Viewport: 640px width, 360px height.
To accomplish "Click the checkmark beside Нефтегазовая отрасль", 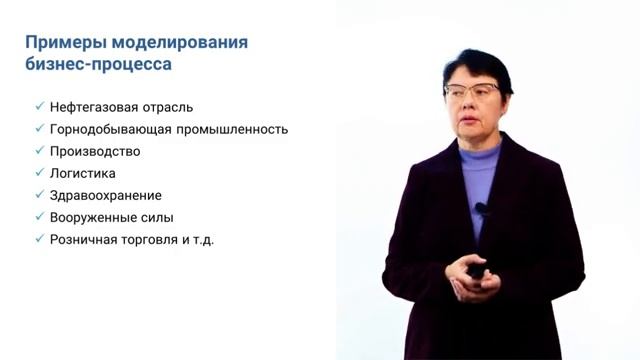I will [x=38, y=106].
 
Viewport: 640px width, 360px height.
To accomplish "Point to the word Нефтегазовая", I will [x=91, y=107].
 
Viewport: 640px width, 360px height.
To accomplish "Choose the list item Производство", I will [x=95, y=151].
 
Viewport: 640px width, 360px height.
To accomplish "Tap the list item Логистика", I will [x=83, y=173].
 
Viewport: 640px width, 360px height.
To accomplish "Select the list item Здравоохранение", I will [x=105, y=195].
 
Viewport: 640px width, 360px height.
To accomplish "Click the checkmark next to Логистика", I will [x=38, y=172].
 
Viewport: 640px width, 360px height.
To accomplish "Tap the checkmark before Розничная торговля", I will [x=38, y=238].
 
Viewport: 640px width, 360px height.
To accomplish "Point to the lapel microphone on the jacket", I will [x=481, y=209].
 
